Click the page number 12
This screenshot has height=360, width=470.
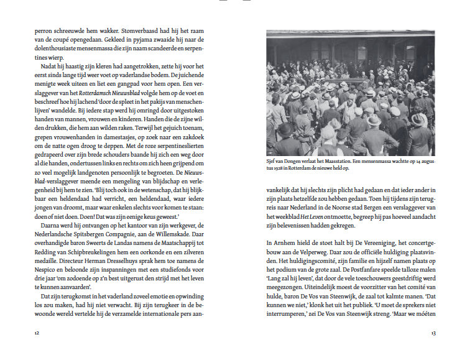tap(37, 333)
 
